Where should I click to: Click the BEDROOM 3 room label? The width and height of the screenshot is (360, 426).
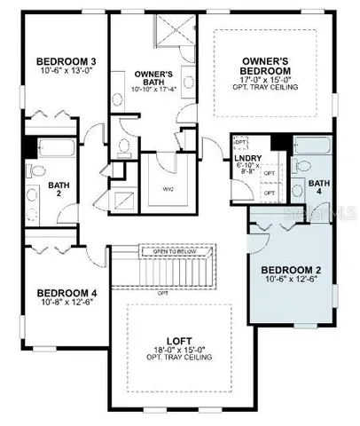pos(59,60)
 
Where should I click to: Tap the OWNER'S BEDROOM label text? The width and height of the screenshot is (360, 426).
pos(267,66)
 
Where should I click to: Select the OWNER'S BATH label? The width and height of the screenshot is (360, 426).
pos(153,75)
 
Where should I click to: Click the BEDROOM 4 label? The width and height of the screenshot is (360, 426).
pos(60,292)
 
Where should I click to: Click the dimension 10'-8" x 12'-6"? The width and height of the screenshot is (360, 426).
pos(60,304)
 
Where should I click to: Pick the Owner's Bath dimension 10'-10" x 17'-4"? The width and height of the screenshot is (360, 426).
pos(153,90)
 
